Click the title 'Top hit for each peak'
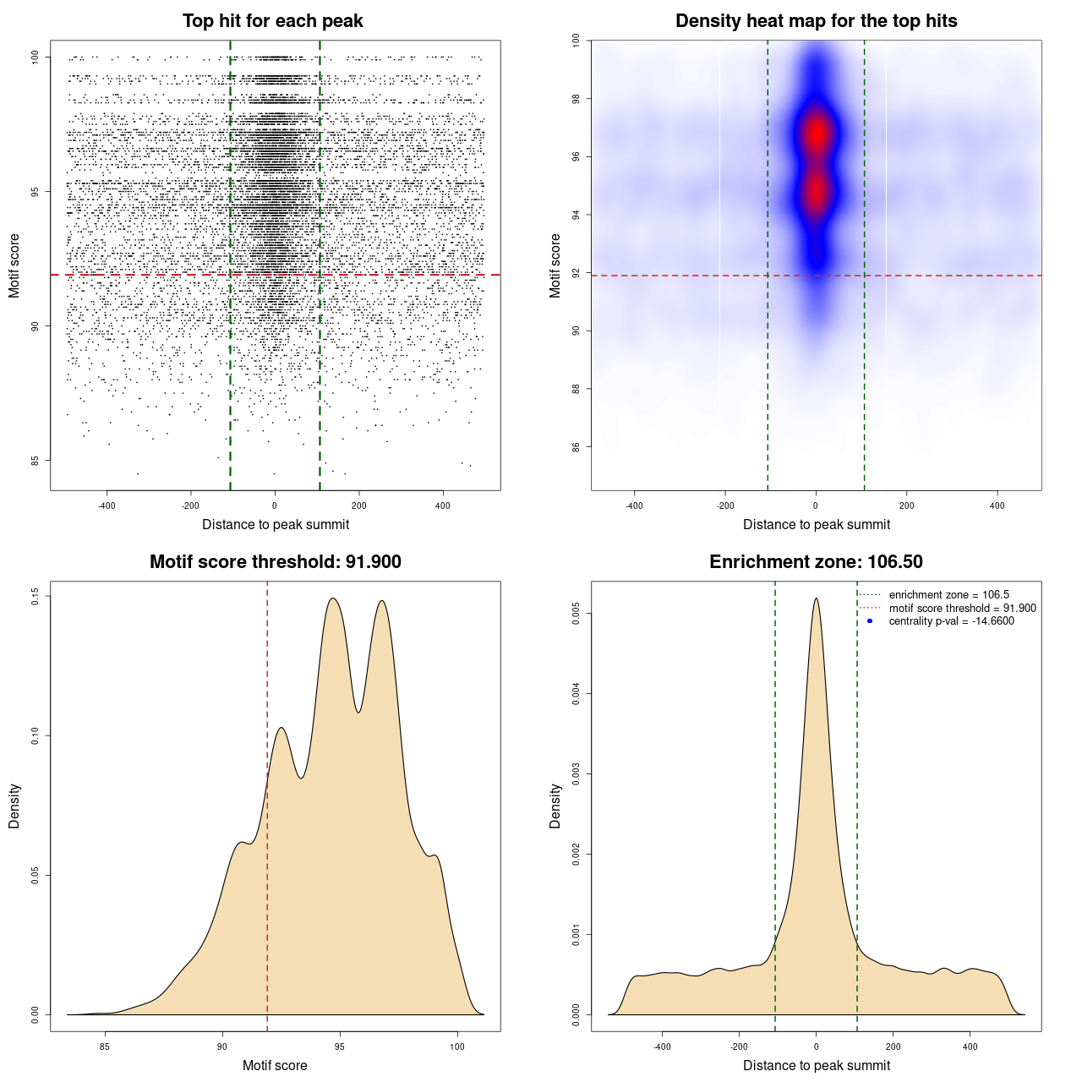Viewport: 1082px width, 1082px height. pos(272,21)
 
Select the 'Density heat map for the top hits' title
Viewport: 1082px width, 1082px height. pos(816,21)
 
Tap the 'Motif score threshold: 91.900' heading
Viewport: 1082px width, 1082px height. pos(275,562)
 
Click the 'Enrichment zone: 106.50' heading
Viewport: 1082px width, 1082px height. pos(816,562)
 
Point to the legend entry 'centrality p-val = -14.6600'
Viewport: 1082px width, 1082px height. pos(951,621)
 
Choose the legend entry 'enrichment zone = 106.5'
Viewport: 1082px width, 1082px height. pos(948,595)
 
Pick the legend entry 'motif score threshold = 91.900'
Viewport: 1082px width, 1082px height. pos(962,609)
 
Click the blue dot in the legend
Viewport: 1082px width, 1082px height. pos(870,621)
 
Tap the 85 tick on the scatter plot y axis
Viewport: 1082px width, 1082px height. pos(36,461)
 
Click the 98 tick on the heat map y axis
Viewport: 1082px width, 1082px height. pos(577,99)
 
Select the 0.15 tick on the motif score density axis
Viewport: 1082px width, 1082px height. pos(36,597)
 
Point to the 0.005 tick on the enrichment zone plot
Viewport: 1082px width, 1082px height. pos(577,614)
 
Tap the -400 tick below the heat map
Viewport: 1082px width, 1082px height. pos(634,505)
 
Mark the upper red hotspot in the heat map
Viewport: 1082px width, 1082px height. pos(816,134)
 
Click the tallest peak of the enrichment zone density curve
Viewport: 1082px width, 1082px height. pos(816,599)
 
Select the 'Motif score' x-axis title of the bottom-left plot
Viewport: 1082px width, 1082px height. pos(275,1065)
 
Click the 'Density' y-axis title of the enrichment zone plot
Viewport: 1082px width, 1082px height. pos(555,806)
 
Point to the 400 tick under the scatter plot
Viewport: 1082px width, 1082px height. pos(443,505)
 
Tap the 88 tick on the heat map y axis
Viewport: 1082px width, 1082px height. pos(577,389)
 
